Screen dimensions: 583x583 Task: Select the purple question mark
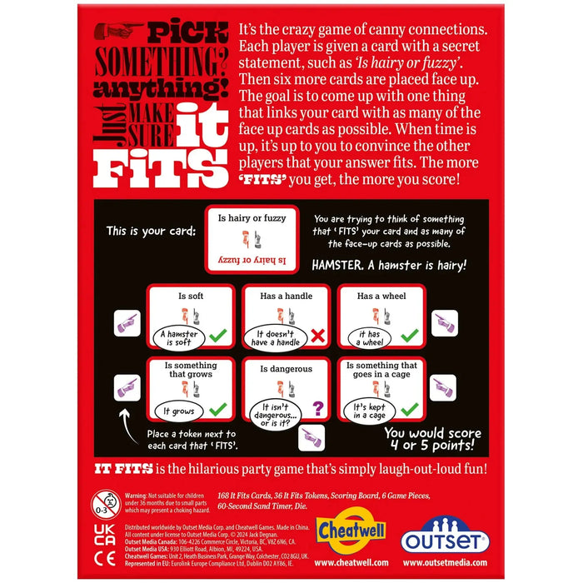pos(317,408)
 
